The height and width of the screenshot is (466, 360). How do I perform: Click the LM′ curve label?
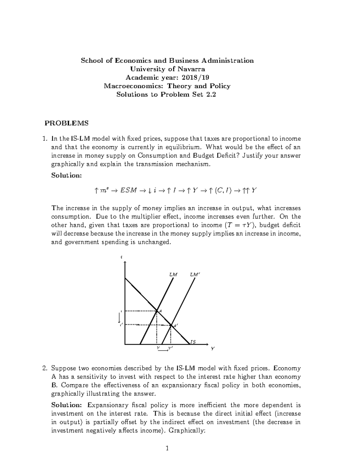(x=195, y=274)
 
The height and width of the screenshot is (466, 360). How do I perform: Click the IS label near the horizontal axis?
(x=193, y=341)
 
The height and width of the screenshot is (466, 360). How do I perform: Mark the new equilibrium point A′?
(x=171, y=325)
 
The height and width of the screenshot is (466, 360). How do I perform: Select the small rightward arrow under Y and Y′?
(x=163, y=350)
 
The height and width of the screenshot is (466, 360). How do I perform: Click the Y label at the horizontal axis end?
(x=212, y=348)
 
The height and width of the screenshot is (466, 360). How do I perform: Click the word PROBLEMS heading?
(x=67, y=123)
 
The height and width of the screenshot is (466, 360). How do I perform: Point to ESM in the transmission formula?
(x=128, y=190)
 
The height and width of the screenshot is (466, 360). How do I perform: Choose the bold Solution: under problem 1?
(x=66, y=175)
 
